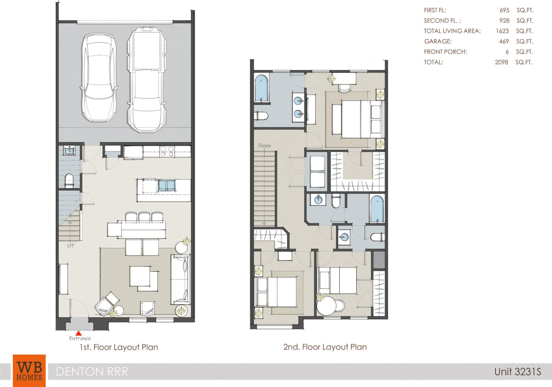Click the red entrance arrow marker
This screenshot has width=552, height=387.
[x=79, y=333]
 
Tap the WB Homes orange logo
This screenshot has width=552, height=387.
[x=29, y=371]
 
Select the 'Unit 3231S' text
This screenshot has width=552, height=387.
[x=517, y=371]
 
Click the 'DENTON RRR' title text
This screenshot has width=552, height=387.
[x=92, y=371]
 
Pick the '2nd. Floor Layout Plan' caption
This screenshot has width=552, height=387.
[x=325, y=347]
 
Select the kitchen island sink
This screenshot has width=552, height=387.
[x=166, y=186]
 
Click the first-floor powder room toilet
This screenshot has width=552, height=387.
[x=69, y=181]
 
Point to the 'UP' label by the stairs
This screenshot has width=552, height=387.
[x=70, y=246]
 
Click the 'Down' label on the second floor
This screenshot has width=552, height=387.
[x=264, y=146]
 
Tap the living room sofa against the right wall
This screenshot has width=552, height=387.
[x=180, y=280]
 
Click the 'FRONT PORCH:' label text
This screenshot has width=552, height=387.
[x=445, y=52]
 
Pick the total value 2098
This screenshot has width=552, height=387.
[x=502, y=62]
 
